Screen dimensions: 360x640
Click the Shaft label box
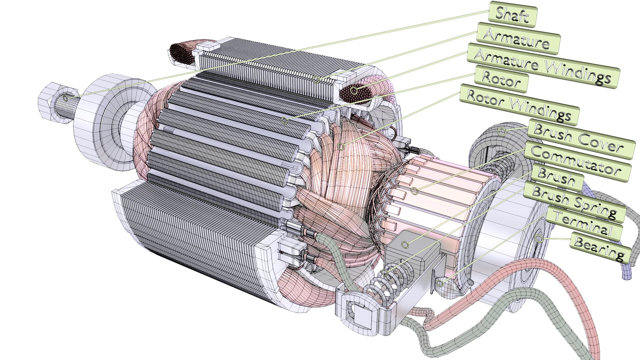click(x=512, y=14)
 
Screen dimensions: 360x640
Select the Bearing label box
click(x=600, y=248)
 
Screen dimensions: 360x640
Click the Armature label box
click(x=518, y=39)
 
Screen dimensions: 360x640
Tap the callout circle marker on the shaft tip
click(x=66, y=98)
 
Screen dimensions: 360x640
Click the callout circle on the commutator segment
click(x=414, y=191)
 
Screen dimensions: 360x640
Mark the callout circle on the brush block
click(x=405, y=245)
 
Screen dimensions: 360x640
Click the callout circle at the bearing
click(x=538, y=238)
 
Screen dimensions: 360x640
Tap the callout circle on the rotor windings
click(x=341, y=146)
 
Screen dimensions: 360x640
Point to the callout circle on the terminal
click(x=441, y=284)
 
